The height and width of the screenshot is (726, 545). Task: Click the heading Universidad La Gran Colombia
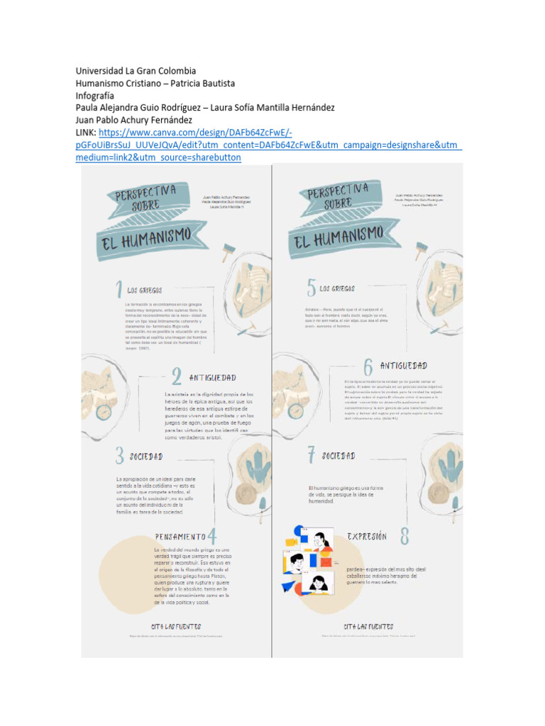136,71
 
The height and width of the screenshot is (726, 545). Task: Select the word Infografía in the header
94,95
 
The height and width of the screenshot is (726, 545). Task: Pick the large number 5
311,287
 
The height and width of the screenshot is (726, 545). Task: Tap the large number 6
368,367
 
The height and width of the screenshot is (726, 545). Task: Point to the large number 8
404,536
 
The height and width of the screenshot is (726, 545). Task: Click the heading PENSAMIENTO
180,537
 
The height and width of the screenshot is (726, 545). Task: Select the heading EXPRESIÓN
367,537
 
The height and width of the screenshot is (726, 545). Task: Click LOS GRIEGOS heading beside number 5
337,289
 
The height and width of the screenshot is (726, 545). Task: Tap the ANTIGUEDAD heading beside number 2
212,377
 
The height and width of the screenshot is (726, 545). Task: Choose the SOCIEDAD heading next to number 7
338,455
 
